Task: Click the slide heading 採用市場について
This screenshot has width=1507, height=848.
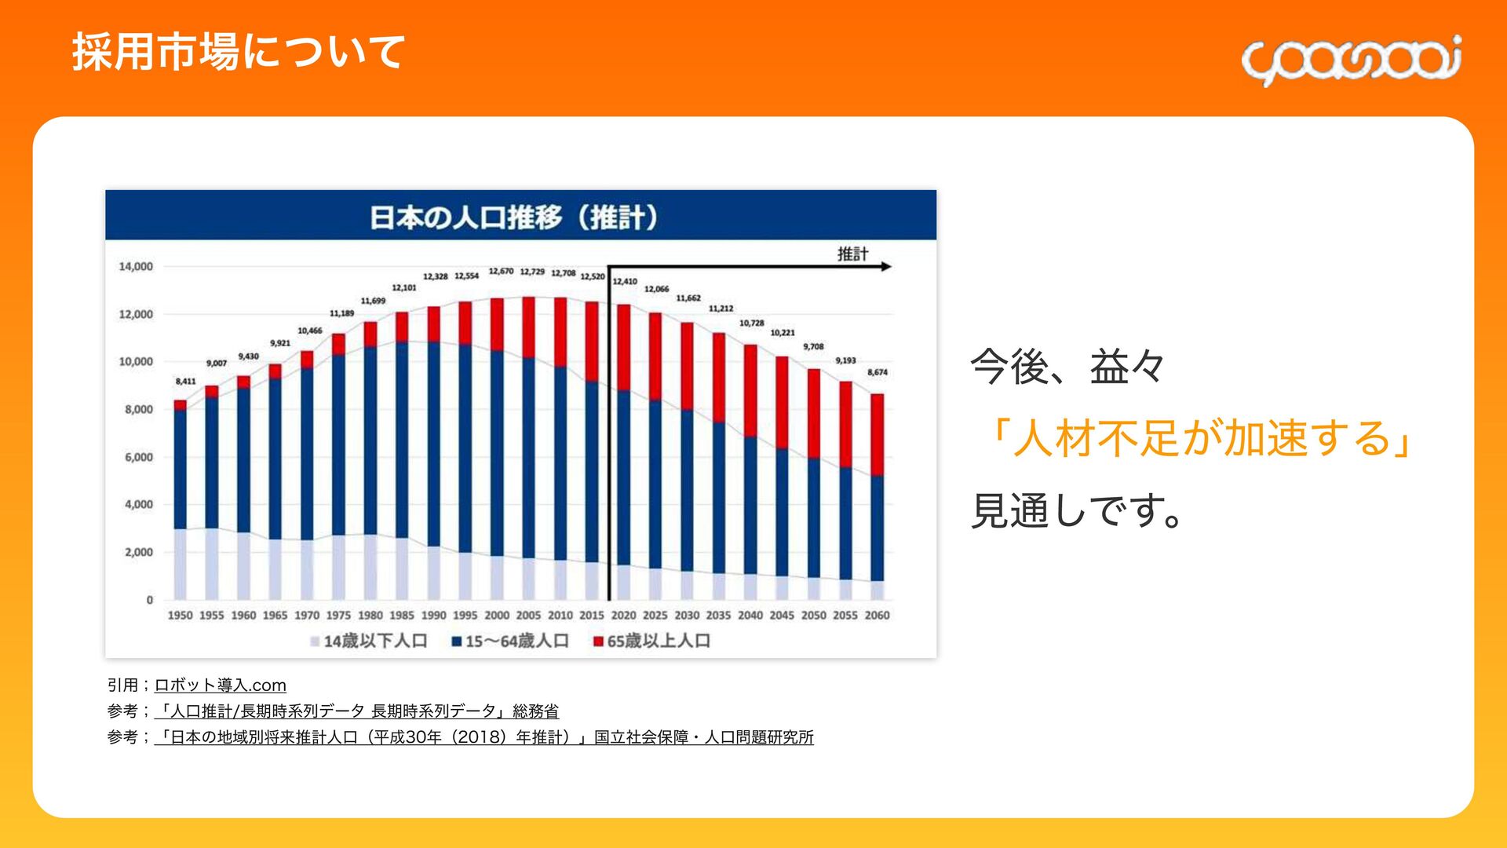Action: [x=238, y=53]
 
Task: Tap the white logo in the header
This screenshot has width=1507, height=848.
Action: [x=1351, y=60]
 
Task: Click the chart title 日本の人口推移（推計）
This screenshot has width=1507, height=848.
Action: [x=514, y=217]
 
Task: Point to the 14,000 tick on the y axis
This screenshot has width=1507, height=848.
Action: [x=136, y=267]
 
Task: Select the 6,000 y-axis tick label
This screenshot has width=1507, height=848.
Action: [x=138, y=457]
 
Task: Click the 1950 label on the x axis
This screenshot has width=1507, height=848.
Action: [x=180, y=616]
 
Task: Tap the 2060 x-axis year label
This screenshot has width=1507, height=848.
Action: [x=877, y=616]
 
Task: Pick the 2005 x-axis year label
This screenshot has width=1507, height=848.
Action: [x=528, y=616]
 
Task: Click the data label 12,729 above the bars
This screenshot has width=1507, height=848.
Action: [x=532, y=272]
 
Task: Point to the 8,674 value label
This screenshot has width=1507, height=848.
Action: [x=878, y=372]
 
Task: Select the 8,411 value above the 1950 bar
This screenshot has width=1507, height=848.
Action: [x=185, y=382]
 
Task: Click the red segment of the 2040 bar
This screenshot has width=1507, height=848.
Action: [x=750, y=390]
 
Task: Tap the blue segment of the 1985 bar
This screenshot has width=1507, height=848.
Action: [x=402, y=440]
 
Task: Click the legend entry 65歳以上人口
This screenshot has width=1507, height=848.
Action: [x=651, y=641]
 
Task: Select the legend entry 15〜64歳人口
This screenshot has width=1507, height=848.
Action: [x=510, y=641]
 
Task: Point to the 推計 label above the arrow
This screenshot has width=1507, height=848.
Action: [x=852, y=254]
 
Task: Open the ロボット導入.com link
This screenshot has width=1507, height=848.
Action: [x=221, y=685]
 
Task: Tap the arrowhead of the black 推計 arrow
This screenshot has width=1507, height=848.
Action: [x=887, y=267]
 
